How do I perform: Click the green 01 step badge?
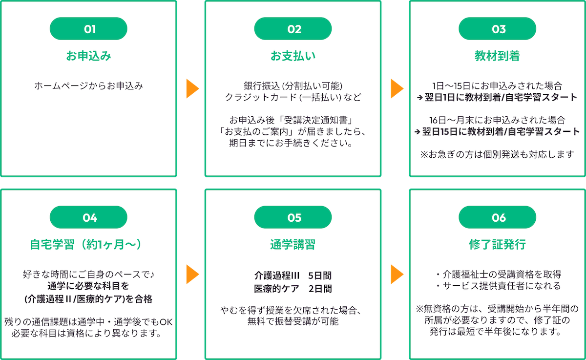point(88,29)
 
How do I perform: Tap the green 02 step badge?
point(293,29)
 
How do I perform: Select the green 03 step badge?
point(498,29)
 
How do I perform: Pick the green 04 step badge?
point(88,218)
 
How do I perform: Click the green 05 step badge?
point(293,218)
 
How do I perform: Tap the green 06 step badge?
point(498,218)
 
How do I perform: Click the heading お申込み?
point(88,56)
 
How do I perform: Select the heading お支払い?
point(293,56)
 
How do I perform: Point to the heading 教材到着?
point(498,56)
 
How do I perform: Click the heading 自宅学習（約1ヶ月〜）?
point(88,245)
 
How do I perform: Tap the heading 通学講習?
point(293,245)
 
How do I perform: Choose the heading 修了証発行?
point(498,245)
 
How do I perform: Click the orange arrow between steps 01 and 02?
point(192,89)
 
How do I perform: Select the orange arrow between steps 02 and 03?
point(397,89)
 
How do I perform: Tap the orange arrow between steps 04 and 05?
point(192,275)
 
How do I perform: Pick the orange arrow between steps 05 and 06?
point(397,275)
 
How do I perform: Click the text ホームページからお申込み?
point(88,86)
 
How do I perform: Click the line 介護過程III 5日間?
point(293,275)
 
